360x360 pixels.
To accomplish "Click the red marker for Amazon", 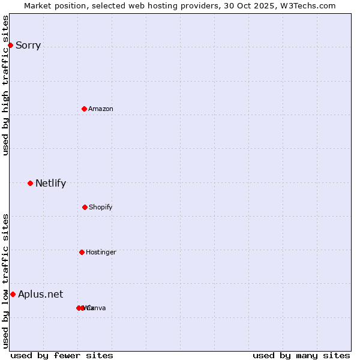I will click(x=84, y=109).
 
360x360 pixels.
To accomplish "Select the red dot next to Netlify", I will click(x=30, y=183).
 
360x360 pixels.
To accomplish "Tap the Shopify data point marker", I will click(x=85, y=207).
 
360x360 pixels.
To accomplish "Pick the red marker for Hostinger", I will click(x=82, y=252).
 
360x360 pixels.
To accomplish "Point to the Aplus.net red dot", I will click(x=13, y=294).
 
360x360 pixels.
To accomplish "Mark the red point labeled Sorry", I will click(x=10, y=45).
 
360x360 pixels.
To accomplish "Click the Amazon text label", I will click(x=101, y=109).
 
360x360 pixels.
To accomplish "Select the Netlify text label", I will click(x=50, y=183).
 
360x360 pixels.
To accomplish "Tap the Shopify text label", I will click(x=101, y=207).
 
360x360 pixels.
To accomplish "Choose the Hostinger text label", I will click(x=101, y=252).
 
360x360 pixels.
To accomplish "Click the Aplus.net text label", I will click(x=40, y=294).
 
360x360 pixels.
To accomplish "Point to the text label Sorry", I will click(x=28, y=45).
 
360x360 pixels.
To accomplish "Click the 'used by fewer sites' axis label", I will click(x=62, y=355).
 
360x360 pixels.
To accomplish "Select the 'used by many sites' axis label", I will click(x=301, y=355).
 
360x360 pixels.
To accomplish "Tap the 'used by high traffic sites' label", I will click(x=6, y=85).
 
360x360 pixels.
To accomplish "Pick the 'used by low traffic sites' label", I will click(x=6, y=281).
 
